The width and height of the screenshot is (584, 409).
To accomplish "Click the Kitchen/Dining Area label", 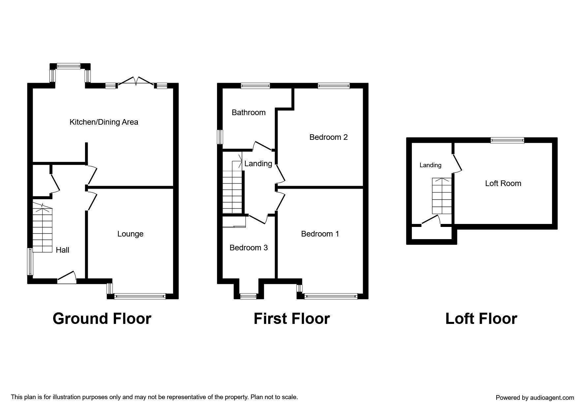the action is pyautogui.click(x=104, y=122).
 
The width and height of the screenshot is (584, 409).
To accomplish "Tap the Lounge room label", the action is pyautogui.click(x=130, y=234).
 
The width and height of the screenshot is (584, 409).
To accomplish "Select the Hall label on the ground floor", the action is pyautogui.click(x=62, y=250).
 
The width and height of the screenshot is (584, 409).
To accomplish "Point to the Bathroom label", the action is pyautogui.click(x=249, y=112).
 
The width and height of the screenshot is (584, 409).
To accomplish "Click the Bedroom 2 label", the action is pyautogui.click(x=328, y=137).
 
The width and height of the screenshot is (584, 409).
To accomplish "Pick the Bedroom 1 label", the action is pyautogui.click(x=320, y=234).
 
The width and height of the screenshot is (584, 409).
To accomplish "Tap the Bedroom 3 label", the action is pyautogui.click(x=249, y=248).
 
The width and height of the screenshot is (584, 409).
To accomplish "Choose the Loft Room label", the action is pyautogui.click(x=503, y=183).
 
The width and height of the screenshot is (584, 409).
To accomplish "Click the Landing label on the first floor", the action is pyautogui.click(x=258, y=164).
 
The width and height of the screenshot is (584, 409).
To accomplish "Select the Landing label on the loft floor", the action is pyautogui.click(x=430, y=165).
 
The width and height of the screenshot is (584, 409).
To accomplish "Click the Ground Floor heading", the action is pyautogui.click(x=102, y=319).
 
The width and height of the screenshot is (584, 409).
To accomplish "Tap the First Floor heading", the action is pyautogui.click(x=292, y=319).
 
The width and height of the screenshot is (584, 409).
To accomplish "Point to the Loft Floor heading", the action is pyautogui.click(x=481, y=319).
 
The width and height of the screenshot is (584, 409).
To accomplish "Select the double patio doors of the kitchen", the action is pyautogui.click(x=136, y=82).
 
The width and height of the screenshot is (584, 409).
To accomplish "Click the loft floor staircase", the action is pyautogui.click(x=442, y=196).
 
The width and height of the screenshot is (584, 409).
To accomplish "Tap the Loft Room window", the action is pyautogui.click(x=507, y=140).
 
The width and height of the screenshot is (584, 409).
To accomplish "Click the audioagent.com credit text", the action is pyautogui.click(x=535, y=398).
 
